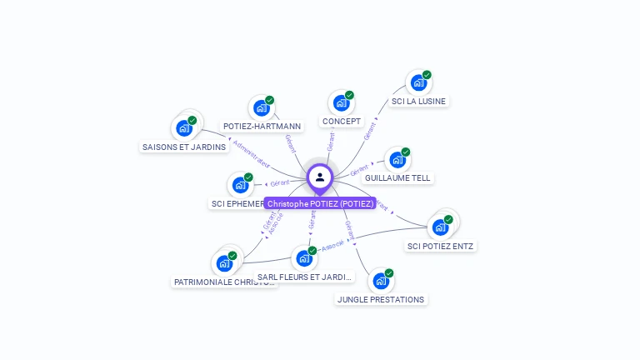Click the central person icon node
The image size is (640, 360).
pyautogui.click(x=320, y=177)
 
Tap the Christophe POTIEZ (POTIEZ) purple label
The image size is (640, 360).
pyautogui.click(x=320, y=203)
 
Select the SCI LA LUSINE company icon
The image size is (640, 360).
pyautogui.click(x=417, y=83)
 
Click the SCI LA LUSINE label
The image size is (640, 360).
pyautogui.click(x=418, y=102)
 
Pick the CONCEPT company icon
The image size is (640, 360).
pyautogui.click(x=340, y=103)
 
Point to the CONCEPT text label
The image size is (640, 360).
pyautogui.click(x=342, y=122)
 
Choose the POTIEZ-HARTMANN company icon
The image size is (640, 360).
pyautogui.click(x=261, y=108)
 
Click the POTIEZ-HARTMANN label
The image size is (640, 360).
pyautogui.click(x=262, y=127)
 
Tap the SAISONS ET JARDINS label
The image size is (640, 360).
pyautogui.click(x=184, y=147)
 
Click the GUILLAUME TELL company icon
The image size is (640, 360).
pyautogui.click(x=397, y=160)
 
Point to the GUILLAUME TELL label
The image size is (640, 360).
pyautogui.click(x=397, y=178)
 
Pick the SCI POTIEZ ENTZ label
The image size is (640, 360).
pyautogui.click(x=441, y=246)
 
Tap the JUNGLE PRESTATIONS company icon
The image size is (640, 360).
pyautogui.click(x=380, y=281)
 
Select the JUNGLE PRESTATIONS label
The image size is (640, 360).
pyautogui.click(x=381, y=299)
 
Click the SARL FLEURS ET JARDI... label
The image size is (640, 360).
pyautogui.click(x=305, y=277)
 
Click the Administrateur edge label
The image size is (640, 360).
pyautogui.click(x=251, y=154)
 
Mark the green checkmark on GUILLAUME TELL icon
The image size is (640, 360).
pyautogui.click(x=406, y=152)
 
